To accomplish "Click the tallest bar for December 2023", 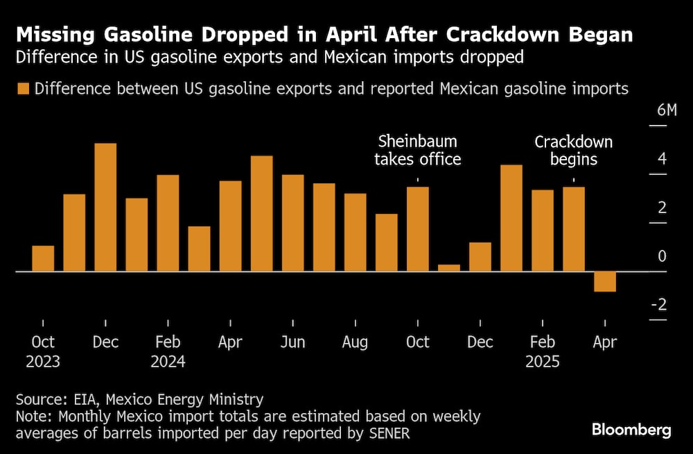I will (x=105, y=207).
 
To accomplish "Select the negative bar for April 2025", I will (x=605, y=281).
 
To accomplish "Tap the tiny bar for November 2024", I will (x=449, y=268).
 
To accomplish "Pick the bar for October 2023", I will (x=43, y=258).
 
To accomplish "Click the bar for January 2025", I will (x=511, y=218).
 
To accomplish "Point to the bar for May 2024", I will (x=261, y=213).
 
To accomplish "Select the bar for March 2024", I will (x=199, y=249).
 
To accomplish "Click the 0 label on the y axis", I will (x=662, y=257).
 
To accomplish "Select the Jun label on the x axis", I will (x=292, y=342).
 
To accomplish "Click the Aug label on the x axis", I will (x=356, y=342).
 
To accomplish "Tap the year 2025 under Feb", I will (x=542, y=362).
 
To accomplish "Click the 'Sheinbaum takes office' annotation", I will (x=417, y=151).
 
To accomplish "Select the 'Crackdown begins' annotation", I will (x=573, y=151).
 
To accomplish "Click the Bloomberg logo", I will (x=631, y=430).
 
